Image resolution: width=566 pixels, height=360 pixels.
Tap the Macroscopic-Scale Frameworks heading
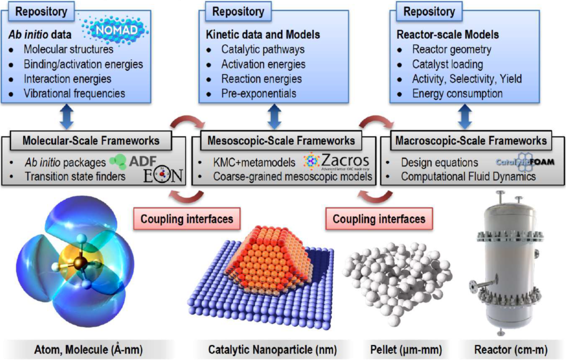coord(471,141)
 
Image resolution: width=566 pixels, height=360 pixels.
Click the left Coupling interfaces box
coord(187,219)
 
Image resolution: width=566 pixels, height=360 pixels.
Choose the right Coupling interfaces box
coord(379,219)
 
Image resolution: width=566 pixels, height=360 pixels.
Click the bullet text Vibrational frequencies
coord(74,93)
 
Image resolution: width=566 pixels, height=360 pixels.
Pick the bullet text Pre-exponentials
coord(259,93)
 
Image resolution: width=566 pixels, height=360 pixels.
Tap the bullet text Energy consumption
coord(457,93)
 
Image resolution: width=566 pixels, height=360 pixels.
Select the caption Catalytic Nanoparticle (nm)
coord(272,349)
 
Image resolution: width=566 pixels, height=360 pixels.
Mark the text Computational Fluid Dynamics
coord(467,177)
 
